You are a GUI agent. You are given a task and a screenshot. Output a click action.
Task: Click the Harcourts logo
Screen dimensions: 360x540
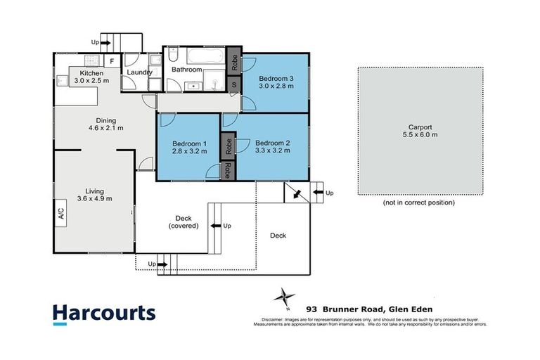[x=105, y=314]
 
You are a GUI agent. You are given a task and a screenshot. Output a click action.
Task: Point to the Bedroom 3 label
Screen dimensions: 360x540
[x=274, y=77]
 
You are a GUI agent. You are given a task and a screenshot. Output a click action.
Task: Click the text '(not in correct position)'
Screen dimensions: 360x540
[x=419, y=202]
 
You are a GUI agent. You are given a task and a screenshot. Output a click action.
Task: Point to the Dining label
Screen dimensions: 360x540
[x=106, y=120]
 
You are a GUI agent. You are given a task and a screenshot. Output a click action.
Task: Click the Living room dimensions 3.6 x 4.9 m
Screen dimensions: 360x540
[x=94, y=198]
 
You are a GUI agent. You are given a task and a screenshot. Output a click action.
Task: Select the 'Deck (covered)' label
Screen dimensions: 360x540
[x=184, y=221]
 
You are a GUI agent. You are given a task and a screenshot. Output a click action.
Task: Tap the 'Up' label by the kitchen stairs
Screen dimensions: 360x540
[x=96, y=42]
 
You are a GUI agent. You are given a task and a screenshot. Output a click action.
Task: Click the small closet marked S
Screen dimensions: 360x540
[x=235, y=85]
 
